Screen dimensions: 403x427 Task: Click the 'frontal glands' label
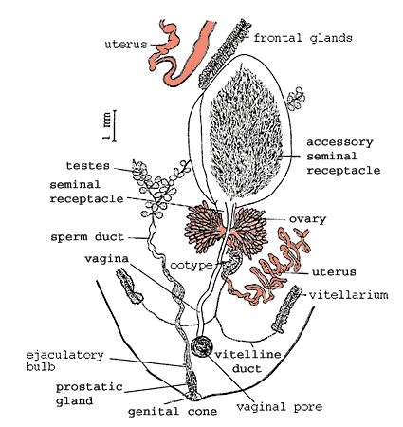302,38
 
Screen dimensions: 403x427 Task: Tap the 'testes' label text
87,165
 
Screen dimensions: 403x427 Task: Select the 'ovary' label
307,219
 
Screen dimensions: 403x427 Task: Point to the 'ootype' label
192,265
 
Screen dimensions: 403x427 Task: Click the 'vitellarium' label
348,295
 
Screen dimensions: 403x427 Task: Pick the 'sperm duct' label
87,237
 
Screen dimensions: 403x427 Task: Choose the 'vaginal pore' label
280,407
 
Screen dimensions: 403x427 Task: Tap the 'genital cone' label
173,412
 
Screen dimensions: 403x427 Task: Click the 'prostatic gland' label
89,394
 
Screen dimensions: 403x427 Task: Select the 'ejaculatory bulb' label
64,361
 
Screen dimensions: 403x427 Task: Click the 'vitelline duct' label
247,362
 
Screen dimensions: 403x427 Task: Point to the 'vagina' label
106,259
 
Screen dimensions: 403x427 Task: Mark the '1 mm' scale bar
114,126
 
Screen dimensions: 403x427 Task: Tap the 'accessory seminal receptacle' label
343,157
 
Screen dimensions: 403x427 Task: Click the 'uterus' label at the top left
126,44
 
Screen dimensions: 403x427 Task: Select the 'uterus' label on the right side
334,271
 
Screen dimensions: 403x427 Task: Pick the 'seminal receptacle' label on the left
86,192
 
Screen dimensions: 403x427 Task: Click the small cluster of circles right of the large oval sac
296,99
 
